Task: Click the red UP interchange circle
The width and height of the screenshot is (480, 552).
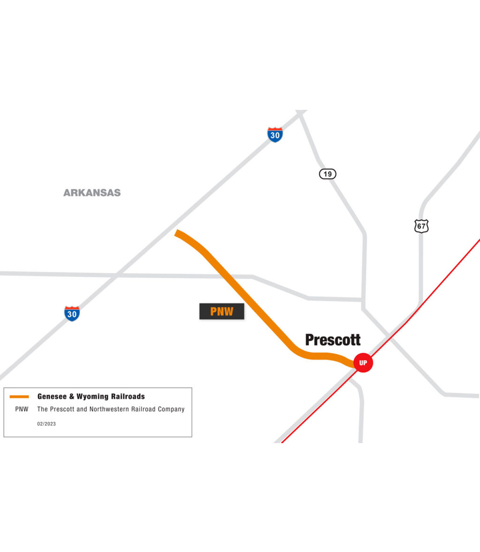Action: pyautogui.click(x=363, y=363)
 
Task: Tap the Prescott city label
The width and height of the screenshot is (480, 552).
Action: pyautogui.click(x=333, y=340)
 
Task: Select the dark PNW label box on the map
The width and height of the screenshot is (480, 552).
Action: pyautogui.click(x=221, y=312)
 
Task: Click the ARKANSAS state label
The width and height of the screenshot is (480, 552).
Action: pyautogui.click(x=92, y=193)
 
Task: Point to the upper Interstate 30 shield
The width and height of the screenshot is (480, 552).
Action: pyautogui.click(x=275, y=135)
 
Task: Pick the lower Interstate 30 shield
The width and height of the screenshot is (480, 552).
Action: pyautogui.click(x=72, y=314)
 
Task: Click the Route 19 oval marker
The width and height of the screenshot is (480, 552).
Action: pyautogui.click(x=327, y=174)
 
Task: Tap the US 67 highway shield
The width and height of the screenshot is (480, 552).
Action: pyautogui.click(x=421, y=226)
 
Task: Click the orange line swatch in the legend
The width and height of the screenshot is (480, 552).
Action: pyautogui.click(x=19, y=397)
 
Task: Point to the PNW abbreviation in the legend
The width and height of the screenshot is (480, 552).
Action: pyautogui.click(x=21, y=409)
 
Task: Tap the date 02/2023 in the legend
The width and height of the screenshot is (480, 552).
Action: pyautogui.click(x=47, y=424)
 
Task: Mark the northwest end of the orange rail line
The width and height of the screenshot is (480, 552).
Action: pyautogui.click(x=177, y=233)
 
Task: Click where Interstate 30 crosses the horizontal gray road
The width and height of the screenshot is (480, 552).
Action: pyautogui.click(x=117, y=275)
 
